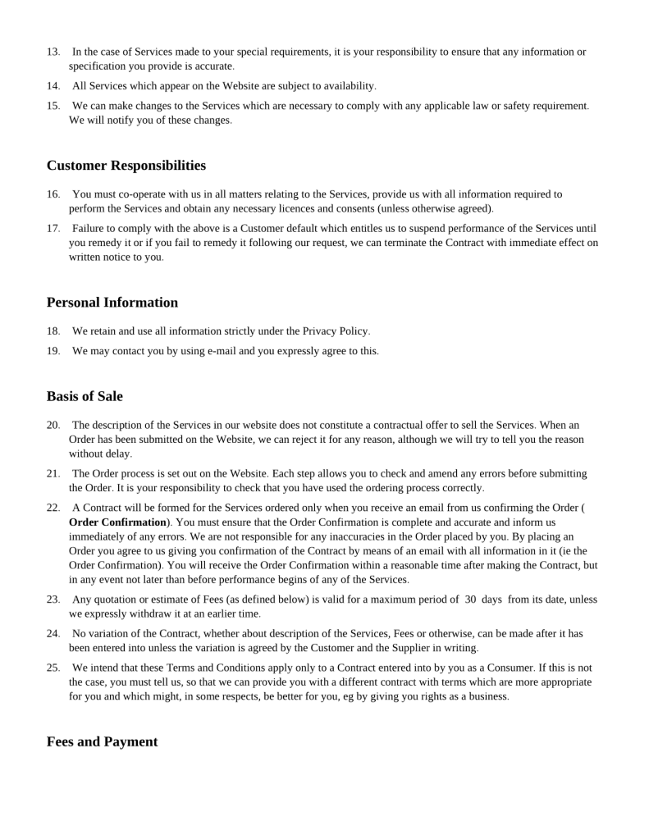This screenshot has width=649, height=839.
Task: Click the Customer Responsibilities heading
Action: pyautogui.click(x=126, y=166)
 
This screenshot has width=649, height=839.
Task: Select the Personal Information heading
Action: pyautogui.click(x=112, y=303)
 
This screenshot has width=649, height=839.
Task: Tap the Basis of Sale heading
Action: pyautogui.click(x=85, y=396)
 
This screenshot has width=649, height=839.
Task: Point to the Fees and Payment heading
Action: pyautogui.click(x=102, y=741)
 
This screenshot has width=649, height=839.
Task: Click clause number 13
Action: pyautogui.click(x=53, y=52)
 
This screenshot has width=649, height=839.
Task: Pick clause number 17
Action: pyautogui.click(x=53, y=229)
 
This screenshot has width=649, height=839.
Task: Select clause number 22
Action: pyautogui.click(x=53, y=508)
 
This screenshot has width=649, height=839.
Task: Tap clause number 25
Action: pyautogui.click(x=53, y=668)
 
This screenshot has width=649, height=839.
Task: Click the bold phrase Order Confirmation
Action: pyautogui.click(x=117, y=522)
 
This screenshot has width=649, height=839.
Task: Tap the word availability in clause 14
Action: pyautogui.click(x=350, y=86)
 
